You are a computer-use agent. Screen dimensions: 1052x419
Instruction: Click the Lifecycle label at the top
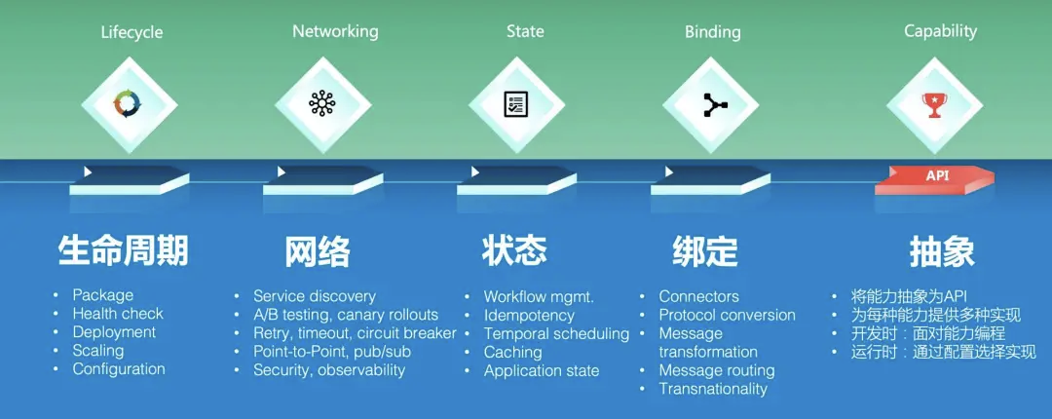pos(131,32)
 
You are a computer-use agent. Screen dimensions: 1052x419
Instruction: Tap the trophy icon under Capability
pos(934,105)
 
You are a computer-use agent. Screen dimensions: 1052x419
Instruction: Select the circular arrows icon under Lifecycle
pos(129,105)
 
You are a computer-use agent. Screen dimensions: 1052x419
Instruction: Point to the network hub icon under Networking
pos(322,105)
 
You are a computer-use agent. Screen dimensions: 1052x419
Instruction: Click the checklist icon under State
pos(516,105)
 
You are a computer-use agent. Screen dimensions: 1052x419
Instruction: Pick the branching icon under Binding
pos(710,105)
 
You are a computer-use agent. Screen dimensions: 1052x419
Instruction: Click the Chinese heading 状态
pos(514,250)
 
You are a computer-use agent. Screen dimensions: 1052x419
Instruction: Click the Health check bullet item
pos(118,314)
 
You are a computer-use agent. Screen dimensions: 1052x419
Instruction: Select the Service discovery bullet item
pos(315,296)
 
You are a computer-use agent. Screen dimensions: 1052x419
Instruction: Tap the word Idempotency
pos(529,316)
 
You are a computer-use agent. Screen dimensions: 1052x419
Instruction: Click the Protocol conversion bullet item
pos(728,315)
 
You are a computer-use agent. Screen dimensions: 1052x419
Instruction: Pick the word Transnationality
pos(713,389)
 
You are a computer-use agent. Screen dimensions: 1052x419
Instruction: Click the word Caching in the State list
pos(513,353)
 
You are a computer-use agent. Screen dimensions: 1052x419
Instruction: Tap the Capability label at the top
pos(941,31)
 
